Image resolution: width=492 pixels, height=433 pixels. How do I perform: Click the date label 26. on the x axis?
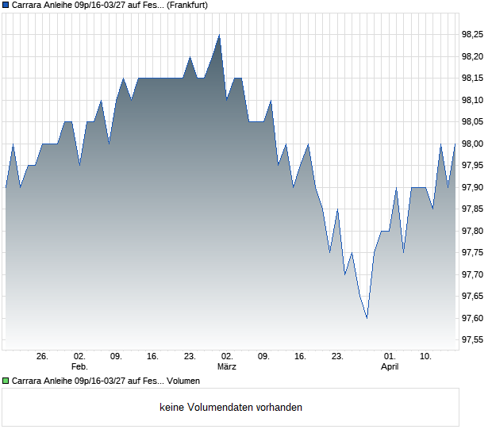(43, 357)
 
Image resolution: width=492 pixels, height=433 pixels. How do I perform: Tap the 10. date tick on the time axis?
(426, 357)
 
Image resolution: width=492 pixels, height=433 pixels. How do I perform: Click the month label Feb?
(79, 367)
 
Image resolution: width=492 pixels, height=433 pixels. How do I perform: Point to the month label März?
(227, 367)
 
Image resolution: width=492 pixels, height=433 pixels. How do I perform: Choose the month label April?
(390, 367)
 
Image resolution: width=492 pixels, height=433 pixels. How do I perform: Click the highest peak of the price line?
(219, 35)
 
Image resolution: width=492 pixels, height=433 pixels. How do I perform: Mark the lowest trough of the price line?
(367, 318)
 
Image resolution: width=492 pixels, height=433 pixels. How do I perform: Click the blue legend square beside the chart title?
(6, 5)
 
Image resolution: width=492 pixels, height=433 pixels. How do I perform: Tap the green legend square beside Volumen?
(6, 381)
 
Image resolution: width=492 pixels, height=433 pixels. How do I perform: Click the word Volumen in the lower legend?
(183, 381)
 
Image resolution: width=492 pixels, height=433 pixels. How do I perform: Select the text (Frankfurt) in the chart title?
(187, 5)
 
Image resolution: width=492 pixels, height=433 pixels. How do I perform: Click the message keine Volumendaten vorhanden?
(231, 408)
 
